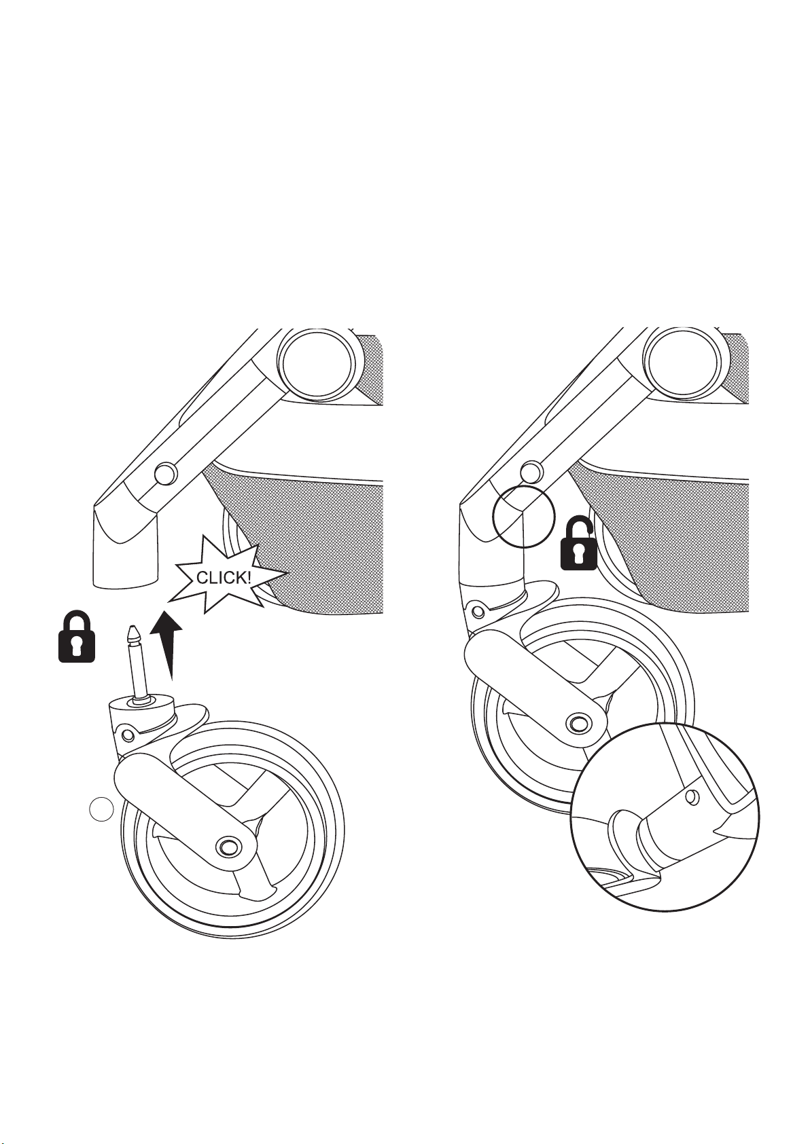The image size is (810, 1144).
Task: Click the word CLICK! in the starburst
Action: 224,578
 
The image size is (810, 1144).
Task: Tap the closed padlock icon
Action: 77,636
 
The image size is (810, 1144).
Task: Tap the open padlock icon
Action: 579,544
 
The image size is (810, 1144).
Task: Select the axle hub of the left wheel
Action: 226,846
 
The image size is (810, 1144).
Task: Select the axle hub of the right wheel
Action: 578,722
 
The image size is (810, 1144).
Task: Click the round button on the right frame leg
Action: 531,471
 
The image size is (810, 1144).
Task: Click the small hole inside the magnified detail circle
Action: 692,796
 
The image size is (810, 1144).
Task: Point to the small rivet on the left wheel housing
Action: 128,735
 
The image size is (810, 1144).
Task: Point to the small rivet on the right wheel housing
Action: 478,611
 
